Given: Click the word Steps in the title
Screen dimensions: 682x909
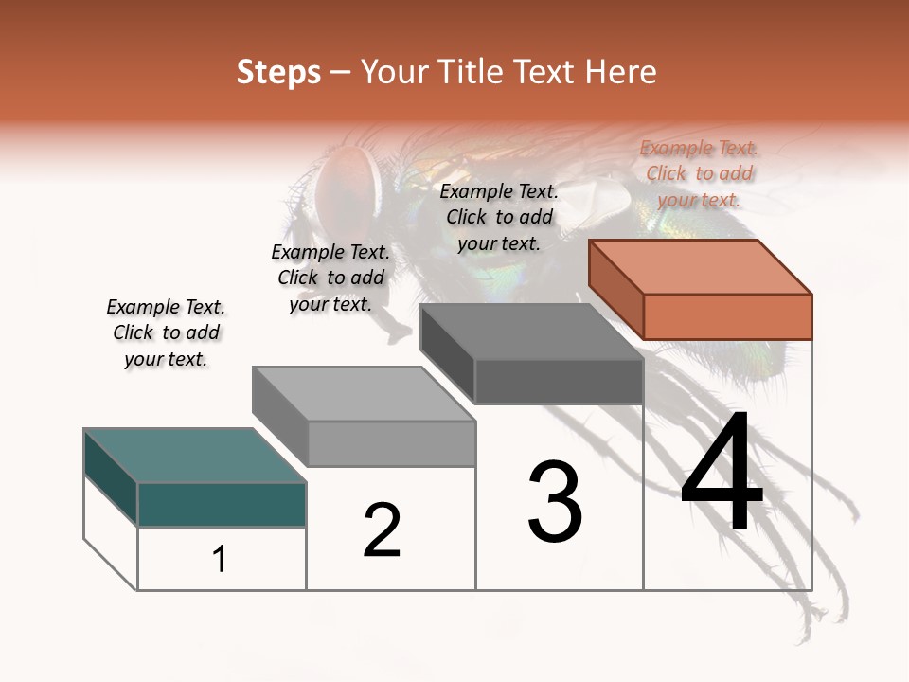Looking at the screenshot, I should pos(277,72).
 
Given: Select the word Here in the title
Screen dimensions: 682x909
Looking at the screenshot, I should pos(620,72).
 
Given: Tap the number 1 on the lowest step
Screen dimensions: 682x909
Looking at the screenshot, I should pos(220,559).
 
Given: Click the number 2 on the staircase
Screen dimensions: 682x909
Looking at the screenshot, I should pos(382,530).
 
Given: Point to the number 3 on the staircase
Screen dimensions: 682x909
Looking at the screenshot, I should pos(554,502).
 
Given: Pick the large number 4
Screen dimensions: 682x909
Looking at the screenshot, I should pos(722,474).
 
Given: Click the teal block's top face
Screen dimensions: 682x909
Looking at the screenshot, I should pos(194,456).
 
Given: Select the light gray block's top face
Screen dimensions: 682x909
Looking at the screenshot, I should pos(364,393).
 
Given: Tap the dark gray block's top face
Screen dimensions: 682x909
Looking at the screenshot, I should pos(532,332).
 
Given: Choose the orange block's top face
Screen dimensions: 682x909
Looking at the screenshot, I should pos(701,267).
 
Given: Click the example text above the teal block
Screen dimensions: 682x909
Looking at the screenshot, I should pos(166,333).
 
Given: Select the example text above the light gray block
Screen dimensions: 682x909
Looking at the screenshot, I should pos(330,278).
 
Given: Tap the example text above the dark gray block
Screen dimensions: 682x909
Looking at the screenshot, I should pos(499,217).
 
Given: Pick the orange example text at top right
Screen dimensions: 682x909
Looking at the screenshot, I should pos(699,173).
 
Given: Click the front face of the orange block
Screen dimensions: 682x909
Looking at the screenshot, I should pos(727,316).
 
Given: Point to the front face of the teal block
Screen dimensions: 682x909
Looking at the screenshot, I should pos(222,504).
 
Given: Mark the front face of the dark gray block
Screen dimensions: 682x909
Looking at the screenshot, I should pos(559,382).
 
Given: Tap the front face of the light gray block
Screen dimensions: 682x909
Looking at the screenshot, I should pos(391,443).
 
